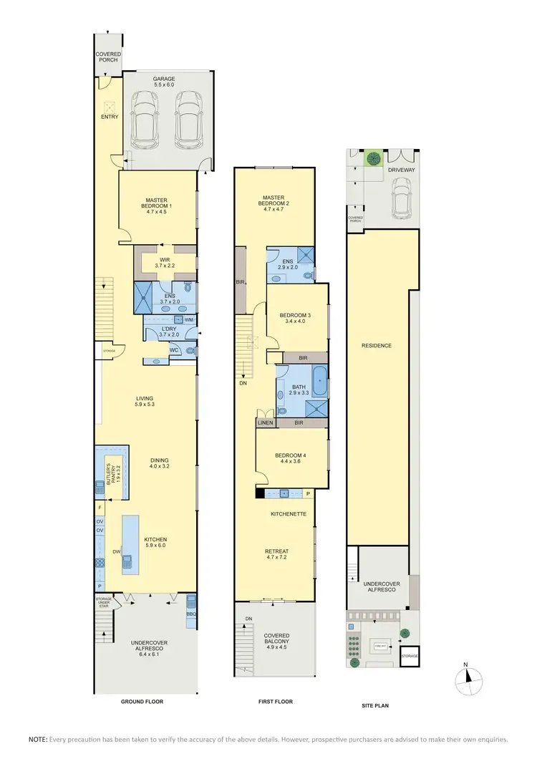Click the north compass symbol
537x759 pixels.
pyautogui.click(x=470, y=677)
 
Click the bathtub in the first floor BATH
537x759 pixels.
pyautogui.click(x=319, y=381)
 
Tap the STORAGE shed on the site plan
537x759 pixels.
pyautogui.click(x=410, y=656)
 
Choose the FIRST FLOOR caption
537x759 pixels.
pyautogui.click(x=276, y=702)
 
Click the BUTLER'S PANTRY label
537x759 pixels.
pyautogui.click(x=110, y=471)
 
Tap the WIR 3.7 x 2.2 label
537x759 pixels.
pyautogui.click(x=164, y=262)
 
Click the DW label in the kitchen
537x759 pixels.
pyautogui.click(x=116, y=551)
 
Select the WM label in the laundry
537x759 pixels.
pyautogui.click(x=188, y=319)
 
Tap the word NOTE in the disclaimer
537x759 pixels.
pyautogui.click(x=37, y=738)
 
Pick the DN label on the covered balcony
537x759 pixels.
pyautogui.click(x=248, y=619)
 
